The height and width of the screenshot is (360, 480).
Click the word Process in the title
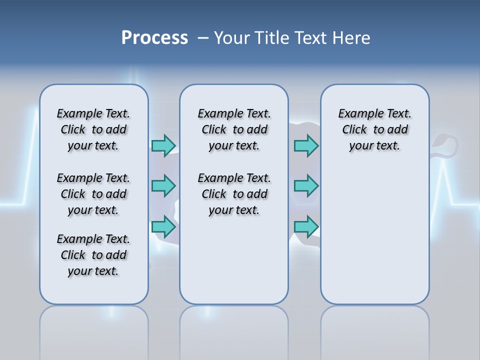pos(154,38)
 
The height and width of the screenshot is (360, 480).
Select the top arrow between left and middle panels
pos(163,145)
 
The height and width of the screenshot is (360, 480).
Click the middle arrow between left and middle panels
pos(163,186)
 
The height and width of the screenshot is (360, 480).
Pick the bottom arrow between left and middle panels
pos(163,226)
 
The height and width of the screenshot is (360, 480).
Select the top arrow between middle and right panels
pos(306,145)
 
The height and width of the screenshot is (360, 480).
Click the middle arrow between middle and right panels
pos(306,186)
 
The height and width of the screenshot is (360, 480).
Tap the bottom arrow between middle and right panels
pos(306,226)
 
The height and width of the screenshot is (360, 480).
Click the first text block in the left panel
pos(93,129)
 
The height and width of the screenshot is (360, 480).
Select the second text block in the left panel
pos(93,194)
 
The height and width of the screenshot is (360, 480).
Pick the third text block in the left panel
pos(93,255)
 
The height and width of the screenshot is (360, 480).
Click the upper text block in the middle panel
pos(234,129)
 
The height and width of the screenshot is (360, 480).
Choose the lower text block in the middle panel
pos(234,194)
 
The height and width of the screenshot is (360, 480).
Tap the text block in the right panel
pos(374,129)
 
